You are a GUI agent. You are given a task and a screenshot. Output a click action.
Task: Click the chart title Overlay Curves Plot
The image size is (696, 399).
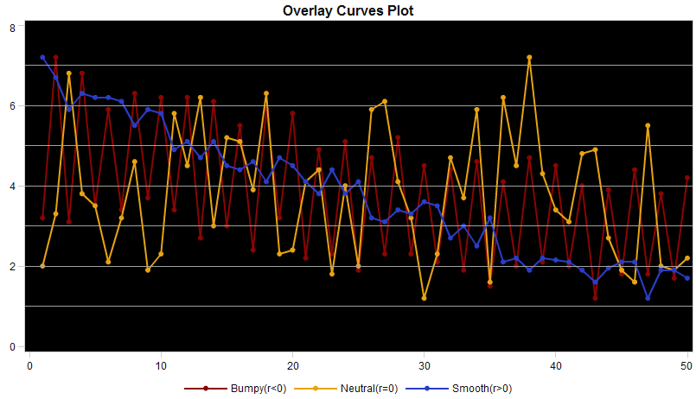tap(348, 12)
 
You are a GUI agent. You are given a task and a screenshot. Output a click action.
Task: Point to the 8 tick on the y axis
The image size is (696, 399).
tap(12, 28)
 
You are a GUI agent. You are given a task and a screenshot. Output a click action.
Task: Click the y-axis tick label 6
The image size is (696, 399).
tap(12, 106)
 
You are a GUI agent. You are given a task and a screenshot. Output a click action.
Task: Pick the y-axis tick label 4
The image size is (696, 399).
tap(12, 187)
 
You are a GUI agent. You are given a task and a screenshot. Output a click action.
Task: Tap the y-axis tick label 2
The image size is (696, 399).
tap(12, 267)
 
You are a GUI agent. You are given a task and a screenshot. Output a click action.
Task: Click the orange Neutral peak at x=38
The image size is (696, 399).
tap(529, 58)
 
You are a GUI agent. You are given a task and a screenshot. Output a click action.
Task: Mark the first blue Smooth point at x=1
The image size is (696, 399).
tap(42, 58)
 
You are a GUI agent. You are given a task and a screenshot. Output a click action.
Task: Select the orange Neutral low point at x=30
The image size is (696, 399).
tap(425, 298)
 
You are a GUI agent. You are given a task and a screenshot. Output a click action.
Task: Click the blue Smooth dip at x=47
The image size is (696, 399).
tap(648, 298)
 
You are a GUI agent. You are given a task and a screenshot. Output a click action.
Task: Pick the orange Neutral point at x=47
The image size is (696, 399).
tap(648, 126)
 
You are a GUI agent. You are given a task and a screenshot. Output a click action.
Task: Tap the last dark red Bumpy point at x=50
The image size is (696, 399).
tap(687, 178)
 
